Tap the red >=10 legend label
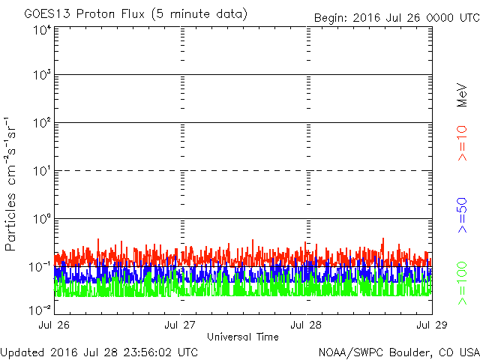click(x=462, y=142)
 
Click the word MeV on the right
click(x=462, y=94)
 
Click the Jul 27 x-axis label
click(x=181, y=325)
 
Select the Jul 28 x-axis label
click(x=306, y=325)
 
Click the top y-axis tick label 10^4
click(x=42, y=31)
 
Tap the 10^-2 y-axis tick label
click(x=40, y=309)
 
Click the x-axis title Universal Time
click(x=242, y=337)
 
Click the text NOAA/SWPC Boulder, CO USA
click(x=398, y=352)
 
